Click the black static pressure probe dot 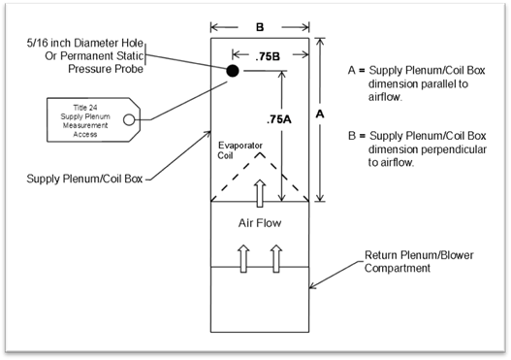click(x=233, y=71)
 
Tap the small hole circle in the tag click(x=129, y=119)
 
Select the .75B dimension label click(x=268, y=56)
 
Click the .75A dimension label click(x=279, y=119)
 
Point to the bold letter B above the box click(x=260, y=27)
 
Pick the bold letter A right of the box click(x=320, y=114)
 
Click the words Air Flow click(x=260, y=223)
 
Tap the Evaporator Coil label click(x=240, y=150)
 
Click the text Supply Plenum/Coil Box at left click(x=84, y=179)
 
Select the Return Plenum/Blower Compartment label click(x=419, y=262)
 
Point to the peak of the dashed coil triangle click(x=260, y=152)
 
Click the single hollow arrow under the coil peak click(x=260, y=193)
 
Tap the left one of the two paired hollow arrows click(x=243, y=258)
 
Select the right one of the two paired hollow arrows click(x=276, y=258)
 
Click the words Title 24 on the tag click(x=85, y=108)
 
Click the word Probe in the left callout click(x=129, y=69)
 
